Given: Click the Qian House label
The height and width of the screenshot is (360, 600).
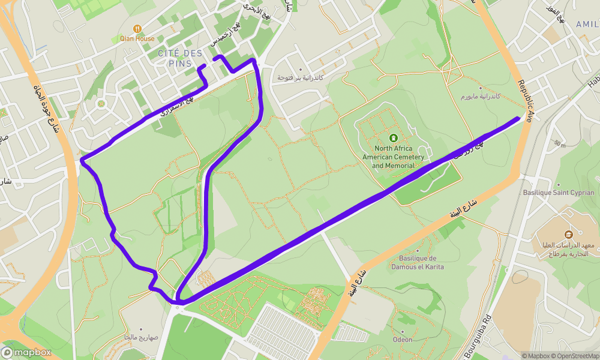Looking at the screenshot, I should pyautogui.click(x=137, y=38).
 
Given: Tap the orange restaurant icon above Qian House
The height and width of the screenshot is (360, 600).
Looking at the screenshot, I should pyautogui.click(x=137, y=28).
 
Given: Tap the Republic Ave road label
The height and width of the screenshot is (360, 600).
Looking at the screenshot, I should pyautogui.click(x=526, y=101).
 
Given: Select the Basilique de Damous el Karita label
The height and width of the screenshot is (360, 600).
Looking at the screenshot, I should pyautogui.click(x=421, y=262).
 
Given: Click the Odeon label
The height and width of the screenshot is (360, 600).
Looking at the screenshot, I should pyautogui.click(x=403, y=340).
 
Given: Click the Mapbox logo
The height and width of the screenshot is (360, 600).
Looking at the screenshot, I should pyautogui.click(x=26, y=352).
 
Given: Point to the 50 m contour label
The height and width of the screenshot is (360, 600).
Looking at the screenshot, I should pyautogui.click(x=560, y=144).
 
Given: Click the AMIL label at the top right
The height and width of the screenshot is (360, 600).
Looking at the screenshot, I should pyautogui.click(x=587, y=24).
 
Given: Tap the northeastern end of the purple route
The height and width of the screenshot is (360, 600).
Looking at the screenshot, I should pyautogui.click(x=518, y=118).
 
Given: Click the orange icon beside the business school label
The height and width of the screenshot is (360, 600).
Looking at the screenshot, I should pyautogui.click(x=569, y=233).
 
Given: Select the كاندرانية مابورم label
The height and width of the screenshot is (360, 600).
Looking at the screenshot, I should pyautogui.click(x=481, y=96).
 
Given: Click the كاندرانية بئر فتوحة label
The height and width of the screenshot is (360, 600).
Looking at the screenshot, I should pyautogui.click(x=300, y=78).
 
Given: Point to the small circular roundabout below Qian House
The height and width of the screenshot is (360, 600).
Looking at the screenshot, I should pyautogui.click(x=101, y=103).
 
